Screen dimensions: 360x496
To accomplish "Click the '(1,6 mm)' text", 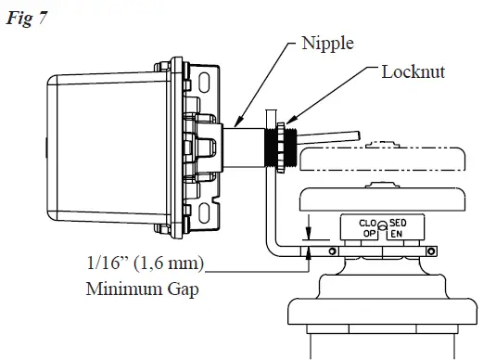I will (x=177, y=264).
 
